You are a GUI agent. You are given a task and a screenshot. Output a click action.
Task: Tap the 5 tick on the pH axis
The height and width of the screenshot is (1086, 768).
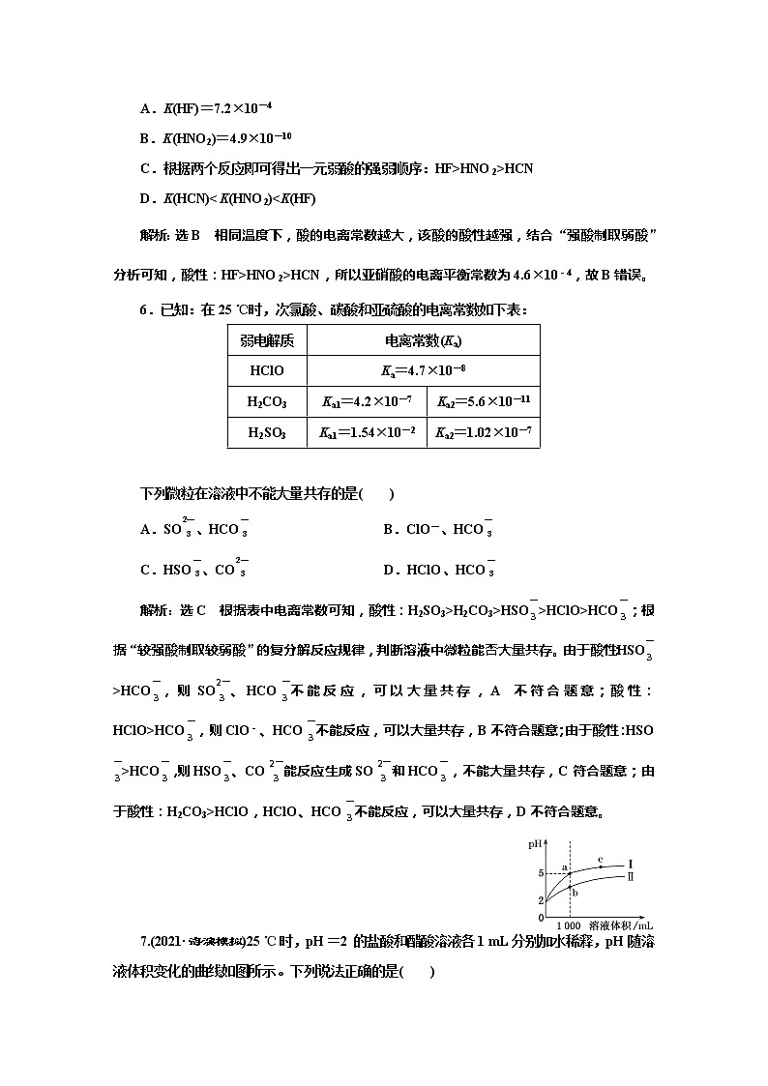click(542, 873)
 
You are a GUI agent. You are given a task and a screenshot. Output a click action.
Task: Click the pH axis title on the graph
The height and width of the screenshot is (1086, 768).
click(535, 844)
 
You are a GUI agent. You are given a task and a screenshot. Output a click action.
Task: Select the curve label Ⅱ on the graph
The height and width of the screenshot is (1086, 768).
click(630, 876)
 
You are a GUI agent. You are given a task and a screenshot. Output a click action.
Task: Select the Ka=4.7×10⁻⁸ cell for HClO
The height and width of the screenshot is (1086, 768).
click(424, 370)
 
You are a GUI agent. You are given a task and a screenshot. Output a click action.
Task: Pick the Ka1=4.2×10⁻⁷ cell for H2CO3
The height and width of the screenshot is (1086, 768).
click(367, 401)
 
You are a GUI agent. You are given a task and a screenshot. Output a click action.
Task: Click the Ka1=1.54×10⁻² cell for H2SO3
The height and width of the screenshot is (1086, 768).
click(367, 433)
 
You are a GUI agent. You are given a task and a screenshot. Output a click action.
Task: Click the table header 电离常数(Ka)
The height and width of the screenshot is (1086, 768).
click(424, 340)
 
